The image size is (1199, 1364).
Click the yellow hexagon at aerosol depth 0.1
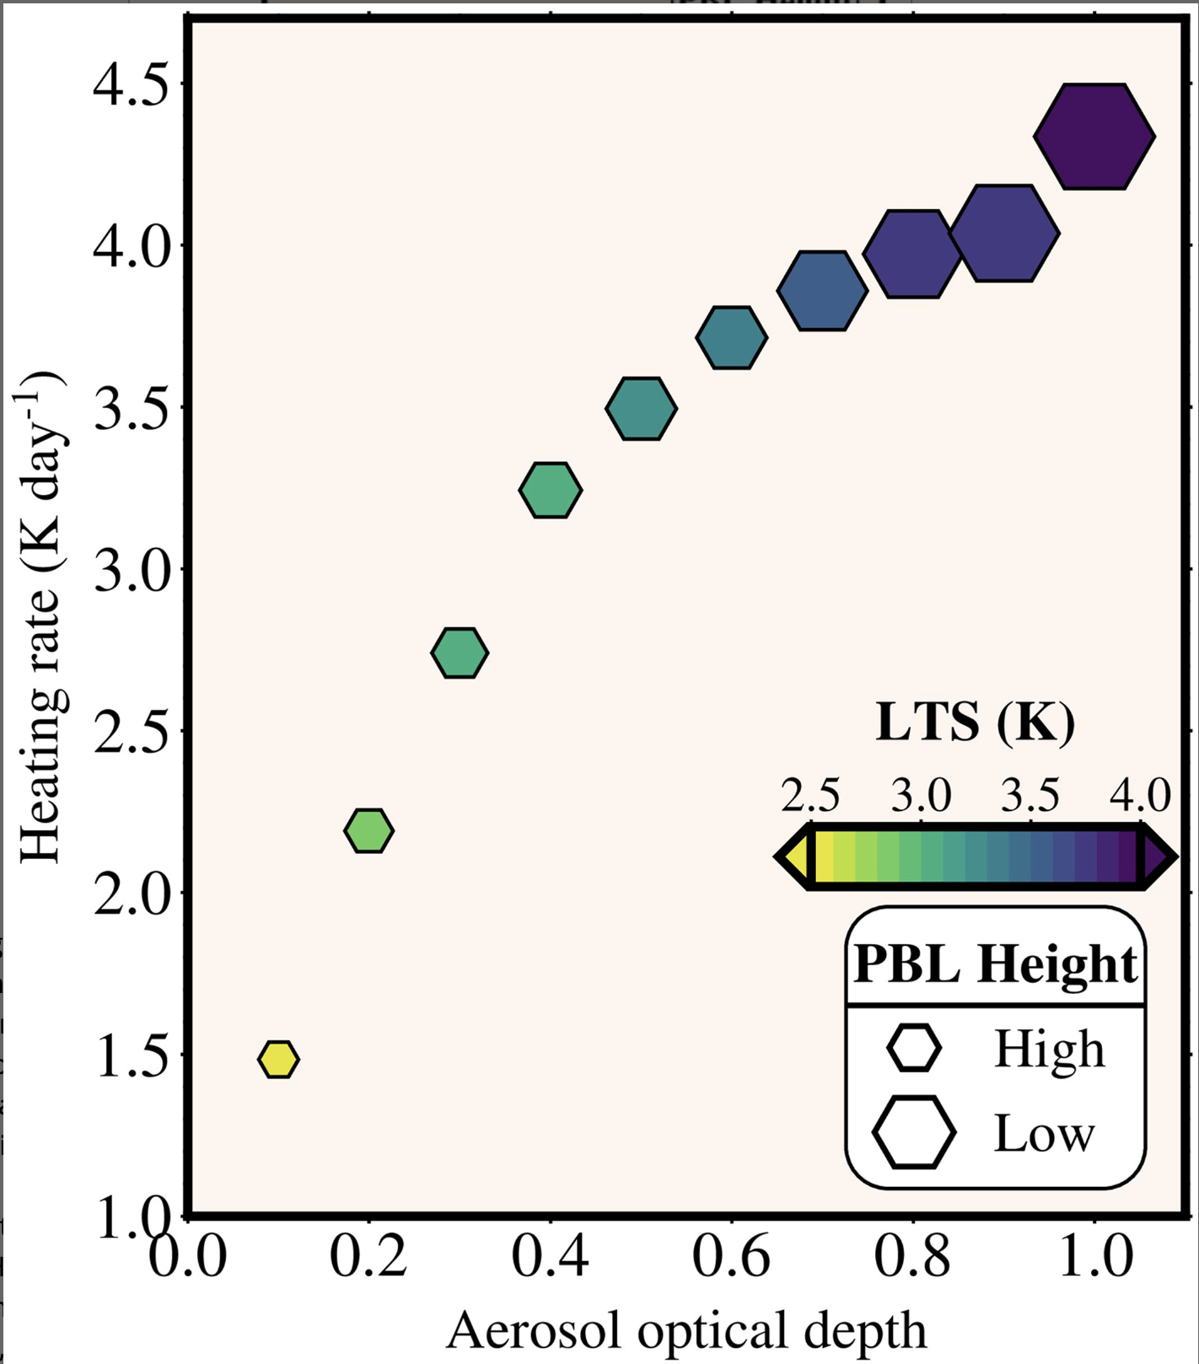tap(278, 1059)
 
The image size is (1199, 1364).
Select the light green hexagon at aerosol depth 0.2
tap(369, 830)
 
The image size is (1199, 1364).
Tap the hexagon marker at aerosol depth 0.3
tap(460, 652)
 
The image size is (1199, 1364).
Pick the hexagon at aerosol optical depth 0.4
tap(551, 490)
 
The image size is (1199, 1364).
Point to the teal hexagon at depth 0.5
tap(641, 409)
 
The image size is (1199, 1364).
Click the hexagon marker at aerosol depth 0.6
tap(731, 338)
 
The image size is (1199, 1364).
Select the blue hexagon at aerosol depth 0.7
tap(822, 290)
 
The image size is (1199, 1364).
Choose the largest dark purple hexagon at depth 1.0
tap(1094, 136)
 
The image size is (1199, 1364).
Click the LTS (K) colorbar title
tap(976, 722)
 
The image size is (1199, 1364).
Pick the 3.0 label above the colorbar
tap(922, 795)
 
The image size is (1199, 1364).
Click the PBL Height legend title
tap(996, 964)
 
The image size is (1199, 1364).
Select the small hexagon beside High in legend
tap(913, 1048)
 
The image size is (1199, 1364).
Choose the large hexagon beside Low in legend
tap(914, 1132)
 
